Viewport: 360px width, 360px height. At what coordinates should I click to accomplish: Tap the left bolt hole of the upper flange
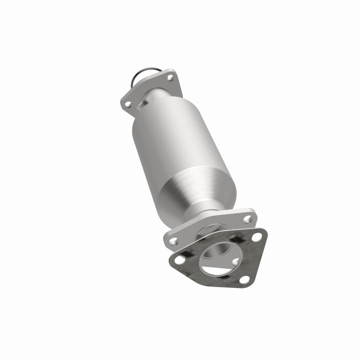point(128,104)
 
